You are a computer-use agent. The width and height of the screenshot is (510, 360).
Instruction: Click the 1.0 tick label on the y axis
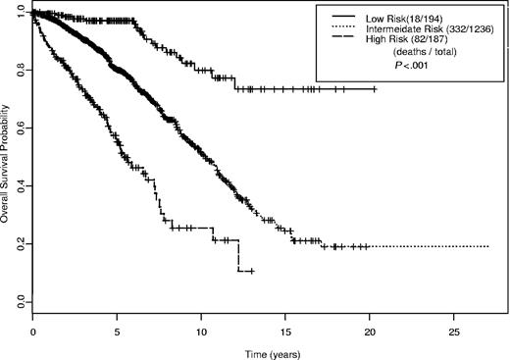(19, 14)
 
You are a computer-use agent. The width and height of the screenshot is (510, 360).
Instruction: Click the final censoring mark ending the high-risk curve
(252, 271)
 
